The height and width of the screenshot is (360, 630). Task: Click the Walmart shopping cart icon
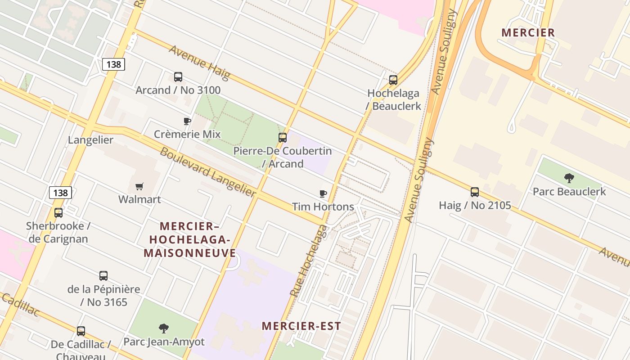click(139, 186)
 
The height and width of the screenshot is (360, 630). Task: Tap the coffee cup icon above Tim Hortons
click(323, 194)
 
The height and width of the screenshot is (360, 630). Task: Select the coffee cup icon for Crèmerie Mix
click(187, 121)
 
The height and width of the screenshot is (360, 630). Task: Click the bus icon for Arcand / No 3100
click(178, 77)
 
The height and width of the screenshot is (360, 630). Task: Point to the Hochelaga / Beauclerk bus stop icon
click(393, 80)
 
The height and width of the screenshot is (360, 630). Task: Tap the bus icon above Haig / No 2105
click(475, 192)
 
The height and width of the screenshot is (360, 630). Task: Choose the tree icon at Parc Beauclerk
click(569, 178)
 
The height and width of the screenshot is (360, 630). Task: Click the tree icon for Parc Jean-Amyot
click(164, 328)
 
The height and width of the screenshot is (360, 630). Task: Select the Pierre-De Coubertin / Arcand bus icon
click(283, 138)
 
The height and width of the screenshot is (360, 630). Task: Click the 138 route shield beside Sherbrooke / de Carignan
click(60, 193)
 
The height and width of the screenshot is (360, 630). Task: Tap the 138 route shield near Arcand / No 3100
click(113, 64)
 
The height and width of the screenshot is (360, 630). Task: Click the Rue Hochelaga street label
click(309, 260)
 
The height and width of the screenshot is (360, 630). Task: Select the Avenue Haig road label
click(199, 62)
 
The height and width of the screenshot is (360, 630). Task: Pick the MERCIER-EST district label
click(301, 326)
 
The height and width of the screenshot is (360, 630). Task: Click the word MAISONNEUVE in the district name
click(190, 253)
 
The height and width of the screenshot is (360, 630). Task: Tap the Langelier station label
click(90, 140)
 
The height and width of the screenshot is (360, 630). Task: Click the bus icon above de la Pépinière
click(103, 276)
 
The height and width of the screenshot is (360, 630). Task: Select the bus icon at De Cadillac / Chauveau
click(81, 331)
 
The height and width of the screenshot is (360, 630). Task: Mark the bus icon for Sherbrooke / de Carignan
click(58, 213)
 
